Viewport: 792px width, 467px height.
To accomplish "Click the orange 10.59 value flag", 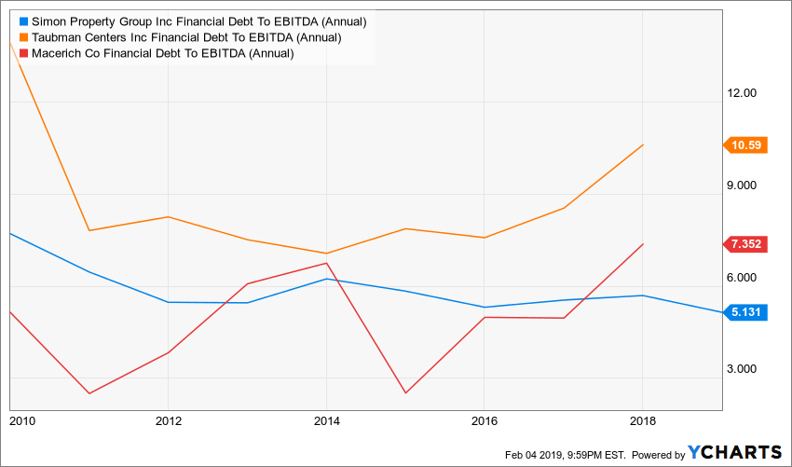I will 745,144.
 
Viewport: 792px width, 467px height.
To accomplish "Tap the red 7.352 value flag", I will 745,244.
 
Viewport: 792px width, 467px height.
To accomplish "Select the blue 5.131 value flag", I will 745,313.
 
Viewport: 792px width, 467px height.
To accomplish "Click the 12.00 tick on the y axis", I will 748,93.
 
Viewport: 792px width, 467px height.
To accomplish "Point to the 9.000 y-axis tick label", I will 748,185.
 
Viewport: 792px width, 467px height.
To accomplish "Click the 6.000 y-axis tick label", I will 748,278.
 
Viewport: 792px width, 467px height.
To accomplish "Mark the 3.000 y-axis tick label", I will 748,369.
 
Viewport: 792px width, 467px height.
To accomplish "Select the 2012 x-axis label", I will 168,421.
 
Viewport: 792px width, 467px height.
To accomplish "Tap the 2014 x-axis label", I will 326,421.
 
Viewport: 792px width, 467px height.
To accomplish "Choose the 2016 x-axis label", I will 485,421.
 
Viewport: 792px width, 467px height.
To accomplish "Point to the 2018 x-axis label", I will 643,421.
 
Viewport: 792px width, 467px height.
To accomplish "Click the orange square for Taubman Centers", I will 23,37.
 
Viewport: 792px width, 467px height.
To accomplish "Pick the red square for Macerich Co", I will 23,53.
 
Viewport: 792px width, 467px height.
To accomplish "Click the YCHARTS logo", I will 735,453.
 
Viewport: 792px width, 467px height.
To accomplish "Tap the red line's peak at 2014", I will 326,263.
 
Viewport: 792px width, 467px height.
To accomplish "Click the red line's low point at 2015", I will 405,392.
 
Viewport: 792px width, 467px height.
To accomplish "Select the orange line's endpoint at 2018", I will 643,144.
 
